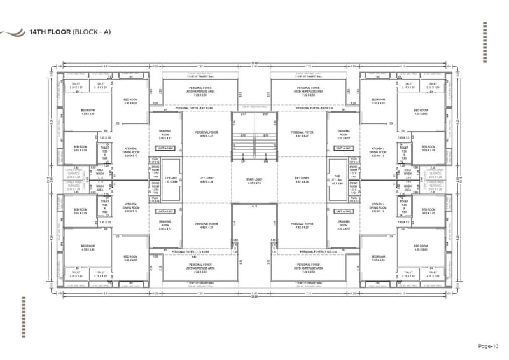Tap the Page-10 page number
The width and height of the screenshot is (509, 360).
coord(491,346)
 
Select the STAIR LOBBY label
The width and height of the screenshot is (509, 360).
coord(254,181)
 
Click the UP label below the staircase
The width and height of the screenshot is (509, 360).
coord(243,162)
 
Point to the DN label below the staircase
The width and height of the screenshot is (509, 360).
coord(267,162)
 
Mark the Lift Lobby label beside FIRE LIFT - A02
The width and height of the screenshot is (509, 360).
coord(303,180)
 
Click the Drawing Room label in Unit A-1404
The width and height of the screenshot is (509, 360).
coord(165,134)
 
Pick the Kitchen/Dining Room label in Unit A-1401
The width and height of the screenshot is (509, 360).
coord(377,151)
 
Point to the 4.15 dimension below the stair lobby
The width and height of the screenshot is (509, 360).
coord(254,207)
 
